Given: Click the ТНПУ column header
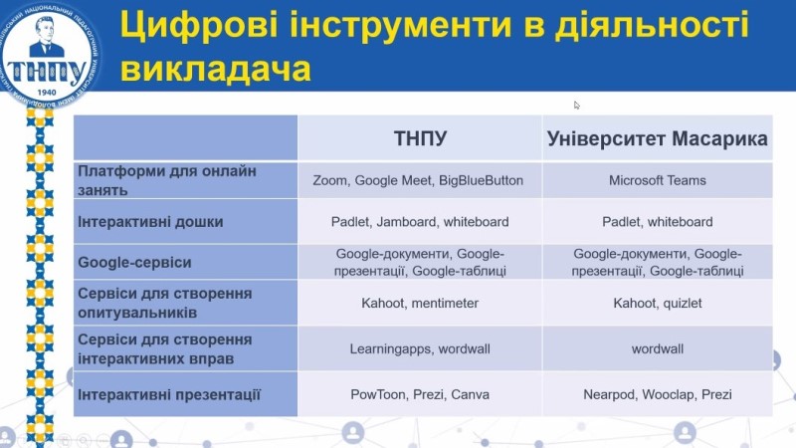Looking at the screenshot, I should (420, 139).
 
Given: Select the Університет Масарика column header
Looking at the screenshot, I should (658, 139).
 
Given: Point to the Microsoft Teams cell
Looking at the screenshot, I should (658, 181).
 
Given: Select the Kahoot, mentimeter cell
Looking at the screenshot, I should (420, 303).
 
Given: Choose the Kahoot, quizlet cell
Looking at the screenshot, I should (658, 303).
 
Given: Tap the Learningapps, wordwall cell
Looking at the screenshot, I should (420, 349).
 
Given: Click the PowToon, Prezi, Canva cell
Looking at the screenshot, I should (420, 395).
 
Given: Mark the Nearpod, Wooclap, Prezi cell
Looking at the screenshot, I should (658, 395).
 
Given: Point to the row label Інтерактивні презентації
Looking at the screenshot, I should (169, 395).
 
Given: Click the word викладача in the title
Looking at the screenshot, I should (215, 69).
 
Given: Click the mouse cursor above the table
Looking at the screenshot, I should (577, 105).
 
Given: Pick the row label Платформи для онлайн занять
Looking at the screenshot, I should (167, 180).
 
